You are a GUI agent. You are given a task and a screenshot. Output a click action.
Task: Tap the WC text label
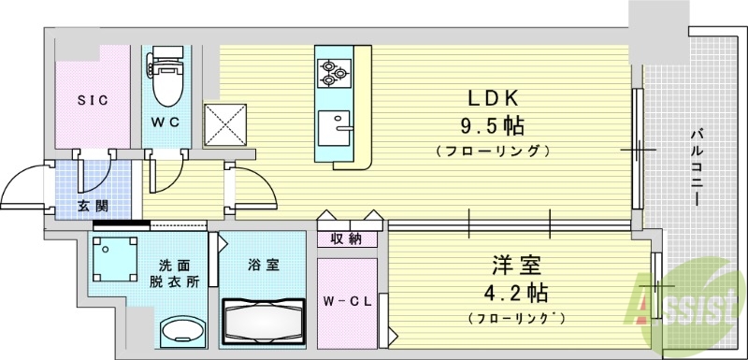166,122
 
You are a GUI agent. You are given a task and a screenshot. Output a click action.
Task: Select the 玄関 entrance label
69,205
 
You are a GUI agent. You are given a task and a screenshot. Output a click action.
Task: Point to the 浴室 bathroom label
263,266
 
